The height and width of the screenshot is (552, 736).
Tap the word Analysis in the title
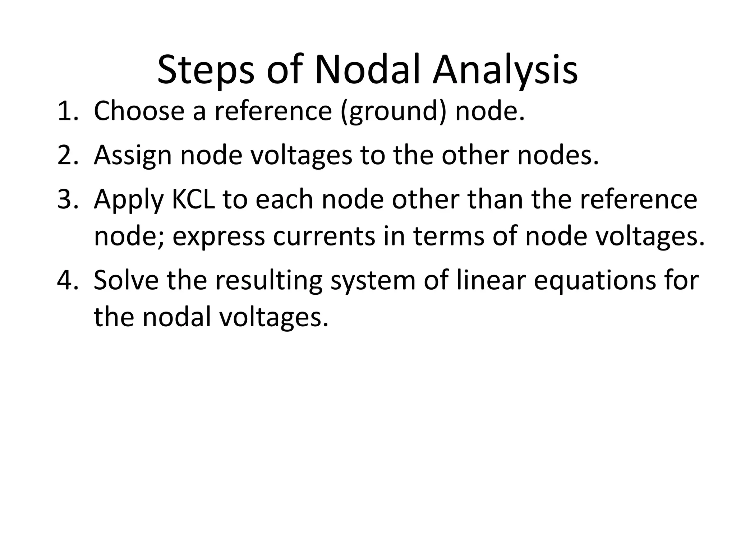coord(505,70)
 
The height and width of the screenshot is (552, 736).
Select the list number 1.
coord(65,111)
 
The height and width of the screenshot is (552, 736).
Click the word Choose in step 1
coord(139,111)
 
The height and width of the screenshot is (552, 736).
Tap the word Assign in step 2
coord(133,156)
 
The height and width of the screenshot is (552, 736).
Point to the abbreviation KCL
coord(193,199)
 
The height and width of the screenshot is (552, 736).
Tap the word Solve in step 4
coord(126,280)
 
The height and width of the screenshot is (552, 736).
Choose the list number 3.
coord(65,199)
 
